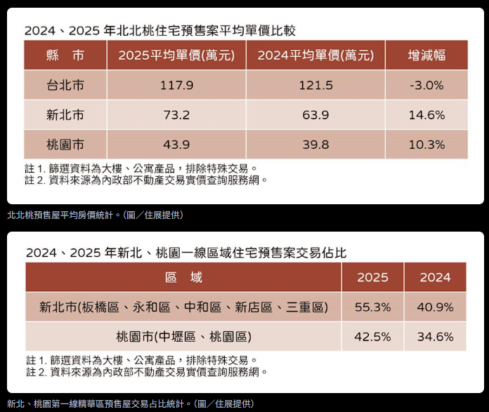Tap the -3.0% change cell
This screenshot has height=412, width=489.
[426, 86]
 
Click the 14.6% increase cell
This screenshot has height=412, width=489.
[426, 115]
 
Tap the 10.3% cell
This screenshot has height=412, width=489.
[426, 145]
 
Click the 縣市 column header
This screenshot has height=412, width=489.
[65, 55]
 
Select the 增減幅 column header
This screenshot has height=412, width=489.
[426, 55]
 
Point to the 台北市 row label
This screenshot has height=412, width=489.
[65, 86]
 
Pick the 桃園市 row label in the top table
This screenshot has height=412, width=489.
[65, 145]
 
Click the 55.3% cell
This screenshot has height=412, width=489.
[372, 307]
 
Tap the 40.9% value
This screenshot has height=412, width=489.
[436, 307]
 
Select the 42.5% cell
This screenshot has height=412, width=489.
[372, 337]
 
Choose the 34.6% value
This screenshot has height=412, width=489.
[436, 337]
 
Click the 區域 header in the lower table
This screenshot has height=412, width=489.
[183, 277]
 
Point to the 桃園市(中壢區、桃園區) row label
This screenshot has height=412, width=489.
[183, 337]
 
